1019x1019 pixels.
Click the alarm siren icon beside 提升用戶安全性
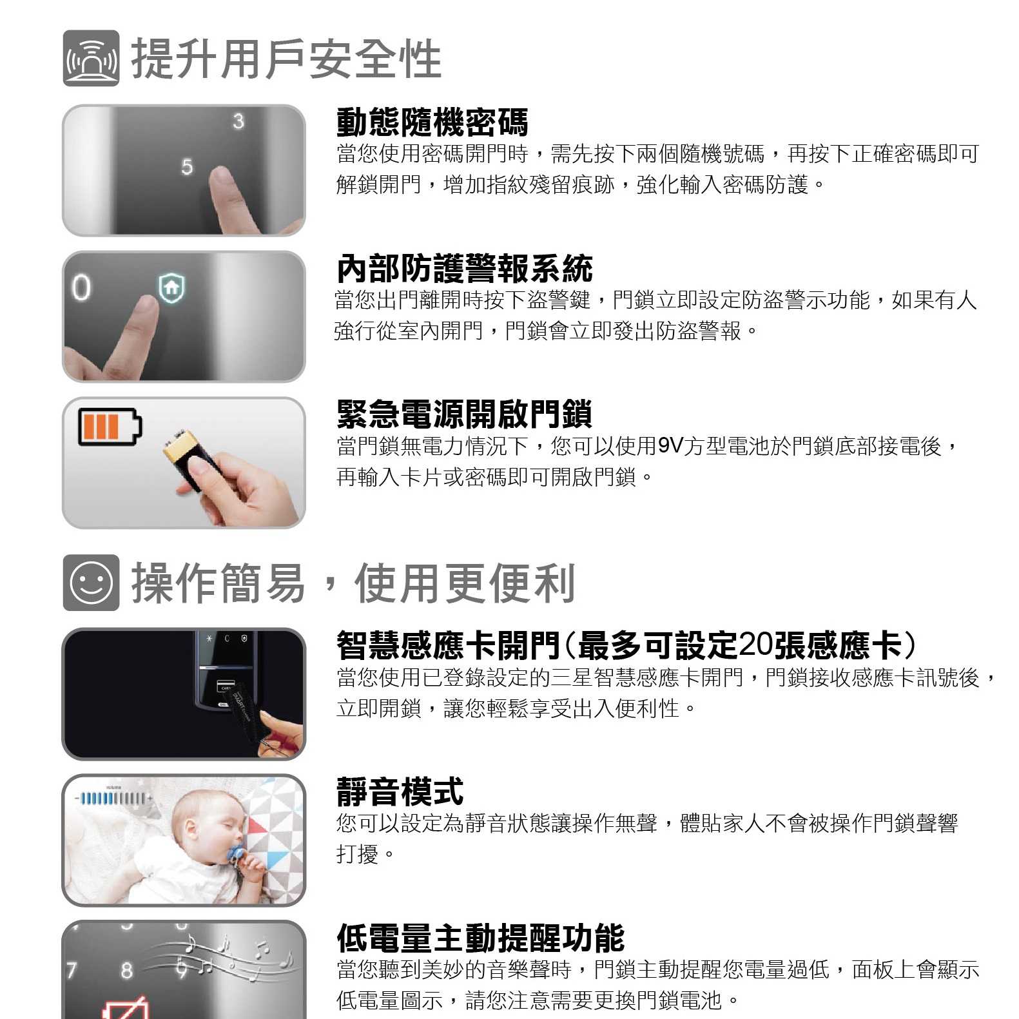[91, 58]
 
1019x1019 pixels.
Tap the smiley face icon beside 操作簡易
[91, 583]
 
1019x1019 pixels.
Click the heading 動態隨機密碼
[432, 122]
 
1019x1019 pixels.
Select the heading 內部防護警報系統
[465, 269]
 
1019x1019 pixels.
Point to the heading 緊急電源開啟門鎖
[465, 414]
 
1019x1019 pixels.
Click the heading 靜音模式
[400, 792]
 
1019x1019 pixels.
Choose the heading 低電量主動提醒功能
[481, 938]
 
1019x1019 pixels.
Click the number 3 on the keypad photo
[238, 121]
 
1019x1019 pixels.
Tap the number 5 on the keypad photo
[187, 167]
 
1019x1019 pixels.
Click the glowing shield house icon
[171, 287]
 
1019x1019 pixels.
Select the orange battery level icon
[110, 427]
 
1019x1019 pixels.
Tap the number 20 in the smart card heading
[756, 645]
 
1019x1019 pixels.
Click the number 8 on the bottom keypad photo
[127, 970]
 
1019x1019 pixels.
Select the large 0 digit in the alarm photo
[81, 287]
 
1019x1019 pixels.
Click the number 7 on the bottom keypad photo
[72, 970]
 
